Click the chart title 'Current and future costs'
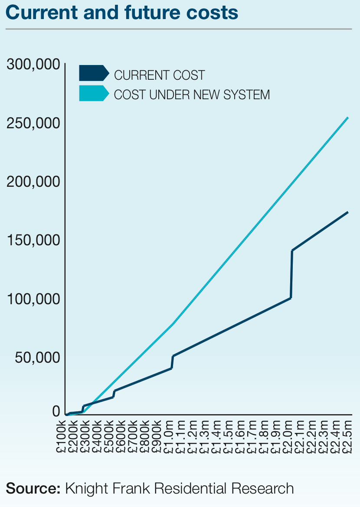(x=122, y=13)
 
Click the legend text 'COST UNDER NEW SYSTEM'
(x=192, y=94)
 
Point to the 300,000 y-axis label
(x=33, y=65)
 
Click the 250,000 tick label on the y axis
(x=33, y=123)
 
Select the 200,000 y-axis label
(x=33, y=182)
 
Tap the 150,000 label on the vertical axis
(x=33, y=240)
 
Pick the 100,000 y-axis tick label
(x=33, y=299)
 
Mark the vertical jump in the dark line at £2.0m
(x=291, y=274)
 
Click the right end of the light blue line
(x=348, y=117)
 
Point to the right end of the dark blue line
(x=348, y=212)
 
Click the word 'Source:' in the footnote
(x=33, y=488)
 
